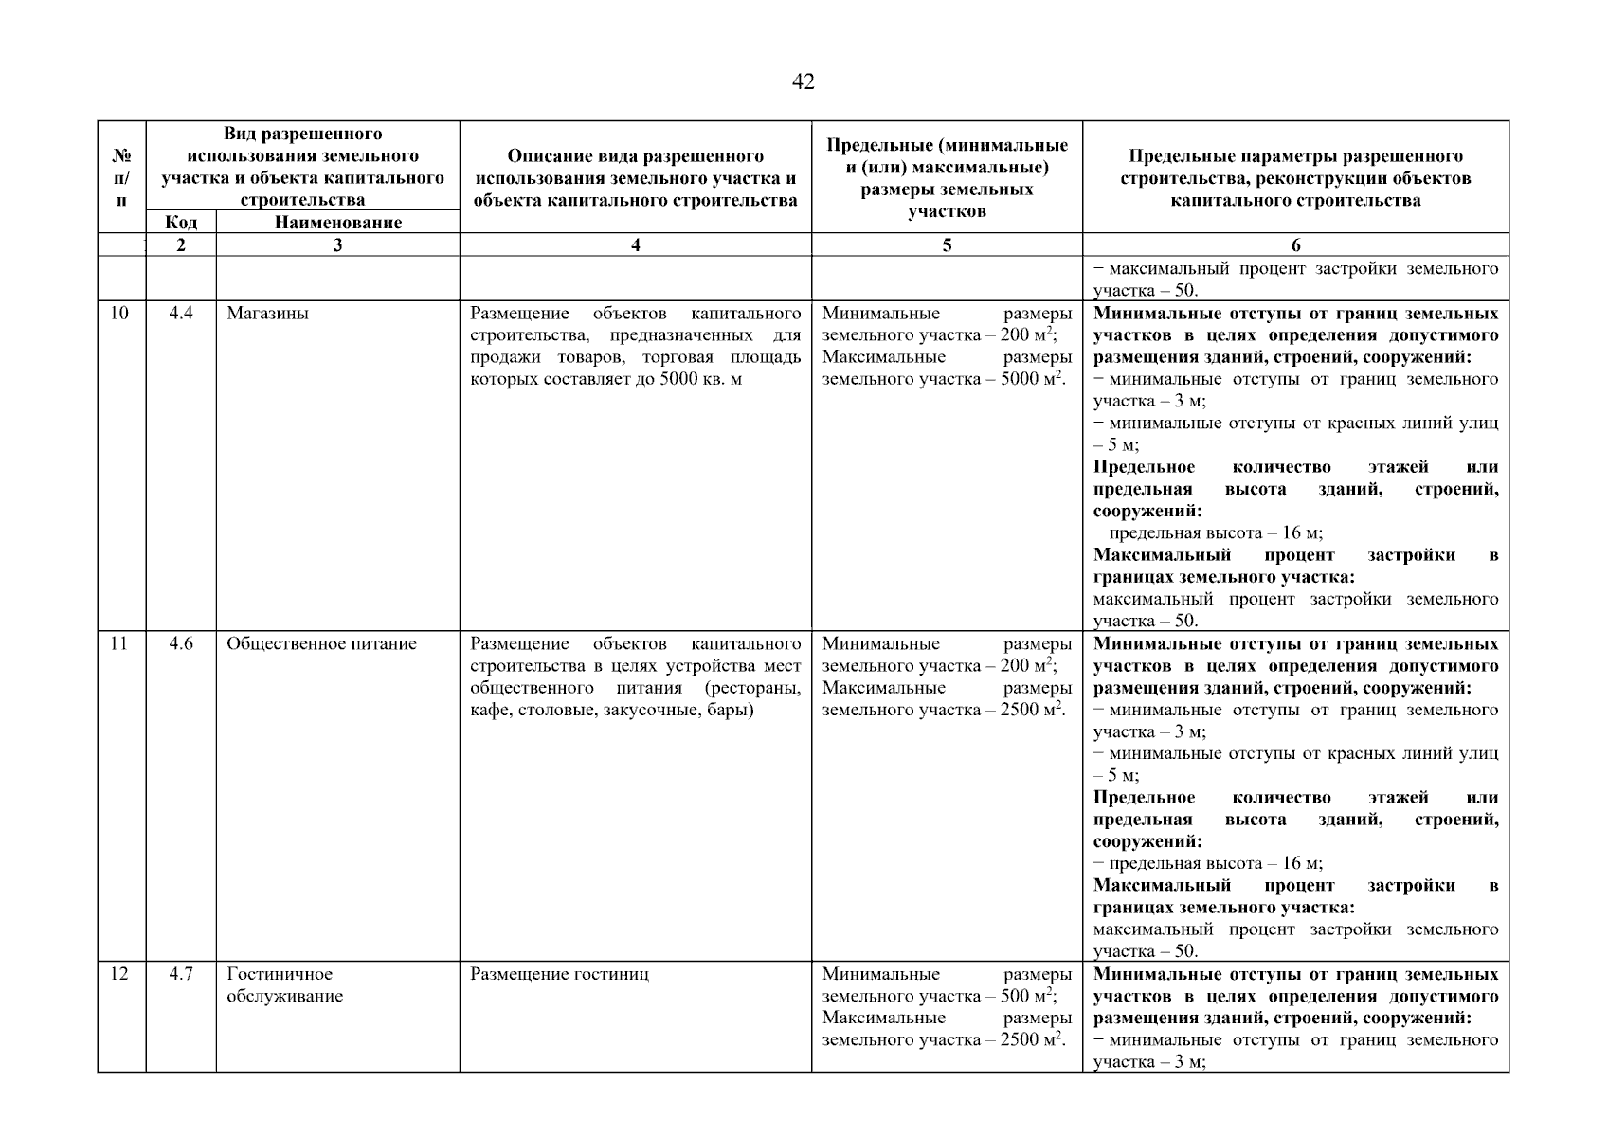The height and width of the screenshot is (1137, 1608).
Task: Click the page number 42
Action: pyautogui.click(x=803, y=82)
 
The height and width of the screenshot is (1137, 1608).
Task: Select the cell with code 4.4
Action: pyautogui.click(x=181, y=313)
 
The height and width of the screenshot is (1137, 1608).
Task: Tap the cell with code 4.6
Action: pyautogui.click(x=181, y=643)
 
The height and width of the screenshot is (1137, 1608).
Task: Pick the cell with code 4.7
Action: pyautogui.click(x=181, y=973)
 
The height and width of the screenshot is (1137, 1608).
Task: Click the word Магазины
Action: pyautogui.click(x=267, y=313)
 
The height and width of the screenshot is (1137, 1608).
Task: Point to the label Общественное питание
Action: pyautogui.click(x=321, y=643)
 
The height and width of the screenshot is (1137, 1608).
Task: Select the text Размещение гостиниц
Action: pyautogui.click(x=559, y=973)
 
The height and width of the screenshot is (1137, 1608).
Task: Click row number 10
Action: pyautogui.click(x=119, y=313)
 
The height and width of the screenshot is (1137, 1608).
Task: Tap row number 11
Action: pyautogui.click(x=119, y=643)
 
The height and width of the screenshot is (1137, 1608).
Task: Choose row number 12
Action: pyautogui.click(x=119, y=973)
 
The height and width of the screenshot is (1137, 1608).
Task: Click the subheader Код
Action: pyautogui.click(x=181, y=222)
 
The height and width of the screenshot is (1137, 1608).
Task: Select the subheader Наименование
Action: pyautogui.click(x=338, y=222)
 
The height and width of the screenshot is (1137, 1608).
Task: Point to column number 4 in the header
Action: pyautogui.click(x=635, y=244)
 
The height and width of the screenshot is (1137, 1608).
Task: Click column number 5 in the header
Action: pyautogui.click(x=947, y=244)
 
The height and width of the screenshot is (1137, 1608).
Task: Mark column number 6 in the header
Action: pyautogui.click(x=1295, y=244)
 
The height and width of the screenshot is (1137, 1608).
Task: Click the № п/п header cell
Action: pyautogui.click(x=121, y=176)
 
